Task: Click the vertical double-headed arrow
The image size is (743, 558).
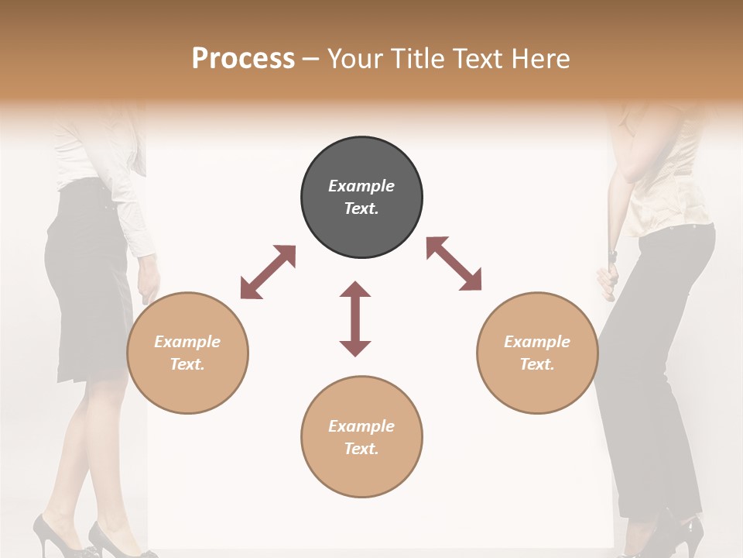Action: coord(355,319)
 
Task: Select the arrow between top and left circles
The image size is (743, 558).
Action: coord(268,272)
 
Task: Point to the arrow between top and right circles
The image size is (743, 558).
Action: coord(454,263)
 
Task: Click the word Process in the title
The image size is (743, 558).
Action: coord(243,58)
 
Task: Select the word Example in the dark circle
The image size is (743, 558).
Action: coord(361,186)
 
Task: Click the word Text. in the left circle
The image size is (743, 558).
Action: coord(187,364)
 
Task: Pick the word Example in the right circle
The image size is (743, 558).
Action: coord(537,342)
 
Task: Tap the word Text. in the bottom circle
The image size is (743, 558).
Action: coord(361,449)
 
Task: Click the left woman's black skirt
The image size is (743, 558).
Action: coord(85,294)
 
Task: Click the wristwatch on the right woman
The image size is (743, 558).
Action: coord(613,255)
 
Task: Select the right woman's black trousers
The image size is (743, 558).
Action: coord(658,349)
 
